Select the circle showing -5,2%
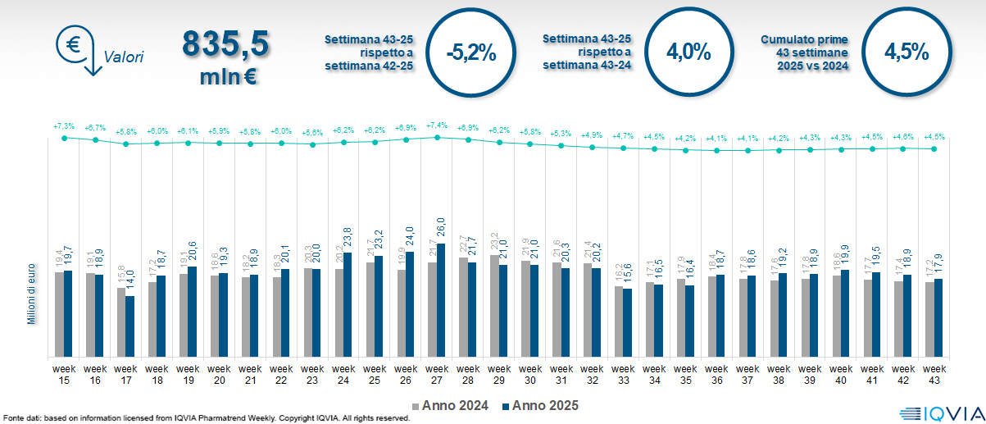(x=470, y=52)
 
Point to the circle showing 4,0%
(x=688, y=52)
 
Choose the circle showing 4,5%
(x=906, y=52)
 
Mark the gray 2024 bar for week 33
(x=618, y=321)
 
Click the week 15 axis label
(x=64, y=373)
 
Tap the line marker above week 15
(x=64, y=138)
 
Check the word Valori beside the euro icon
(x=124, y=57)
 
